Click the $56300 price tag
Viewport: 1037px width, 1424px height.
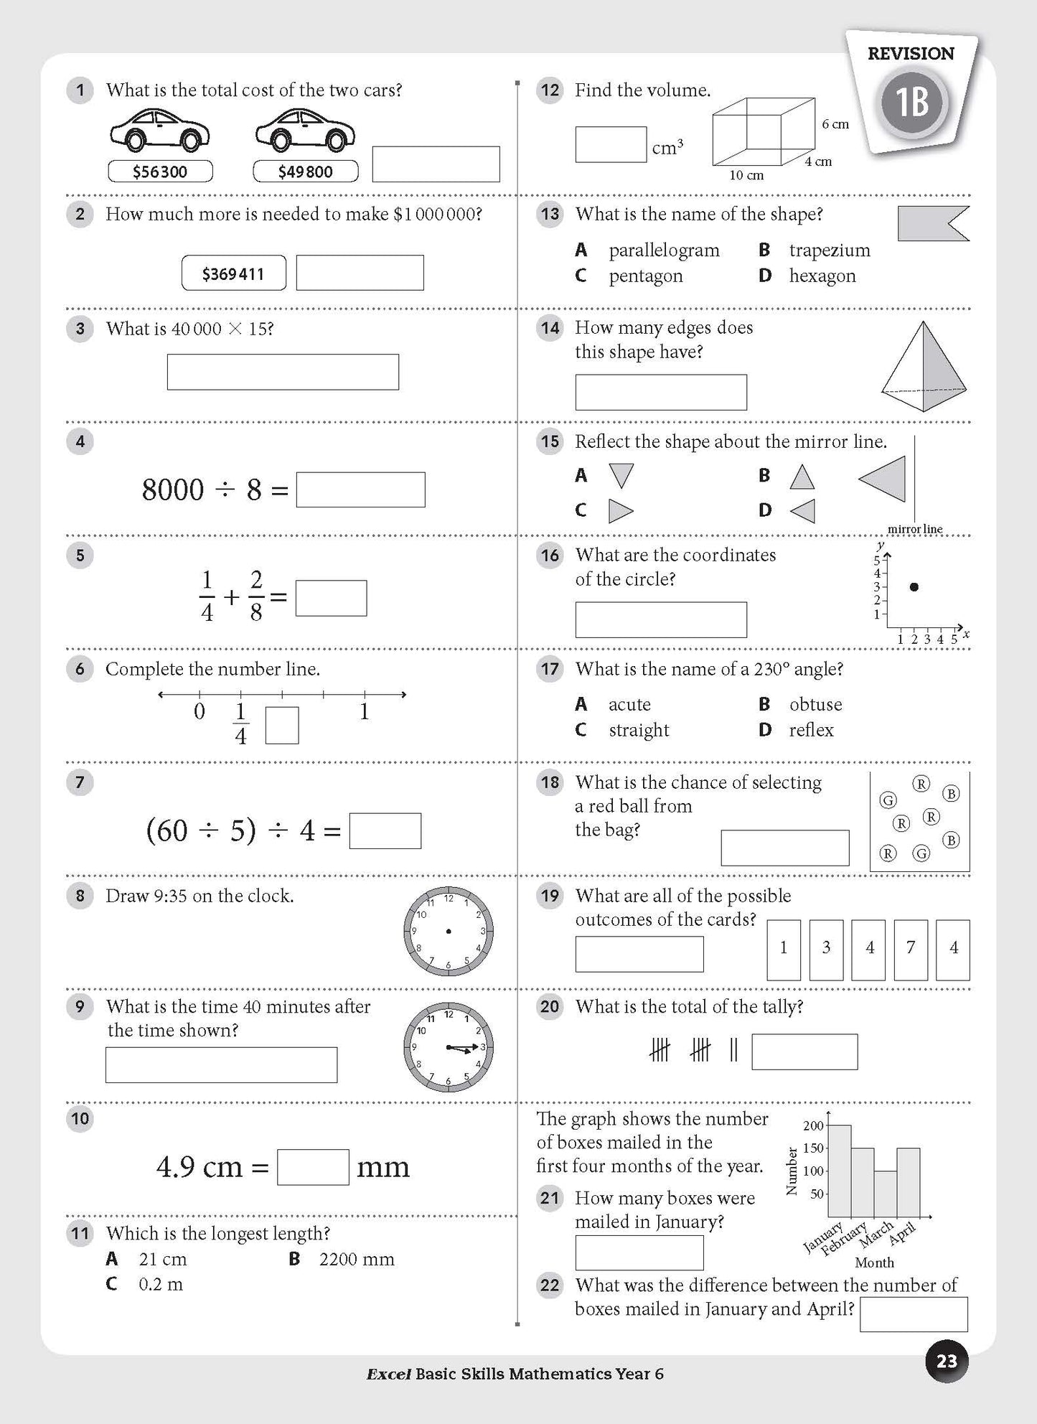[x=160, y=172]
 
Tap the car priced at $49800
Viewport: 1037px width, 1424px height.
[x=305, y=131]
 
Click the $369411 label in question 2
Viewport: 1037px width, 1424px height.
[x=233, y=273]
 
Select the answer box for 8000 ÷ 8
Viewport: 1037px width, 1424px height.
[x=360, y=489]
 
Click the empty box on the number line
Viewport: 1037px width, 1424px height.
[x=282, y=726]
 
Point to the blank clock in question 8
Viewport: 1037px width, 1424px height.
[x=449, y=931]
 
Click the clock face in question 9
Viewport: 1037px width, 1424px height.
[x=449, y=1046]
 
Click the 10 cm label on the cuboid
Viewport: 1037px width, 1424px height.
[x=746, y=175]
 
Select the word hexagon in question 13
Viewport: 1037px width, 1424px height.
[x=822, y=276]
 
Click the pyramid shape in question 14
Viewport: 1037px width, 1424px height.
[x=924, y=367]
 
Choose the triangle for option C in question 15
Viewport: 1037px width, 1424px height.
[x=620, y=511]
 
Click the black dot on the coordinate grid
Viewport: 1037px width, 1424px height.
[x=914, y=587]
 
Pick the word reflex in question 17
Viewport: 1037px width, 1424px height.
[x=811, y=730]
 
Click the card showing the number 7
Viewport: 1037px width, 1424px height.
[x=911, y=950]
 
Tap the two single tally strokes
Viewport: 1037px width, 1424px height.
[x=733, y=1051]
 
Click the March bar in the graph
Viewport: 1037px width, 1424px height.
[x=886, y=1193]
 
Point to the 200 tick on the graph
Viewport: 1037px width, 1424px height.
[x=827, y=1125]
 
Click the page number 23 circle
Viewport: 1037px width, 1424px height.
[x=946, y=1361]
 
